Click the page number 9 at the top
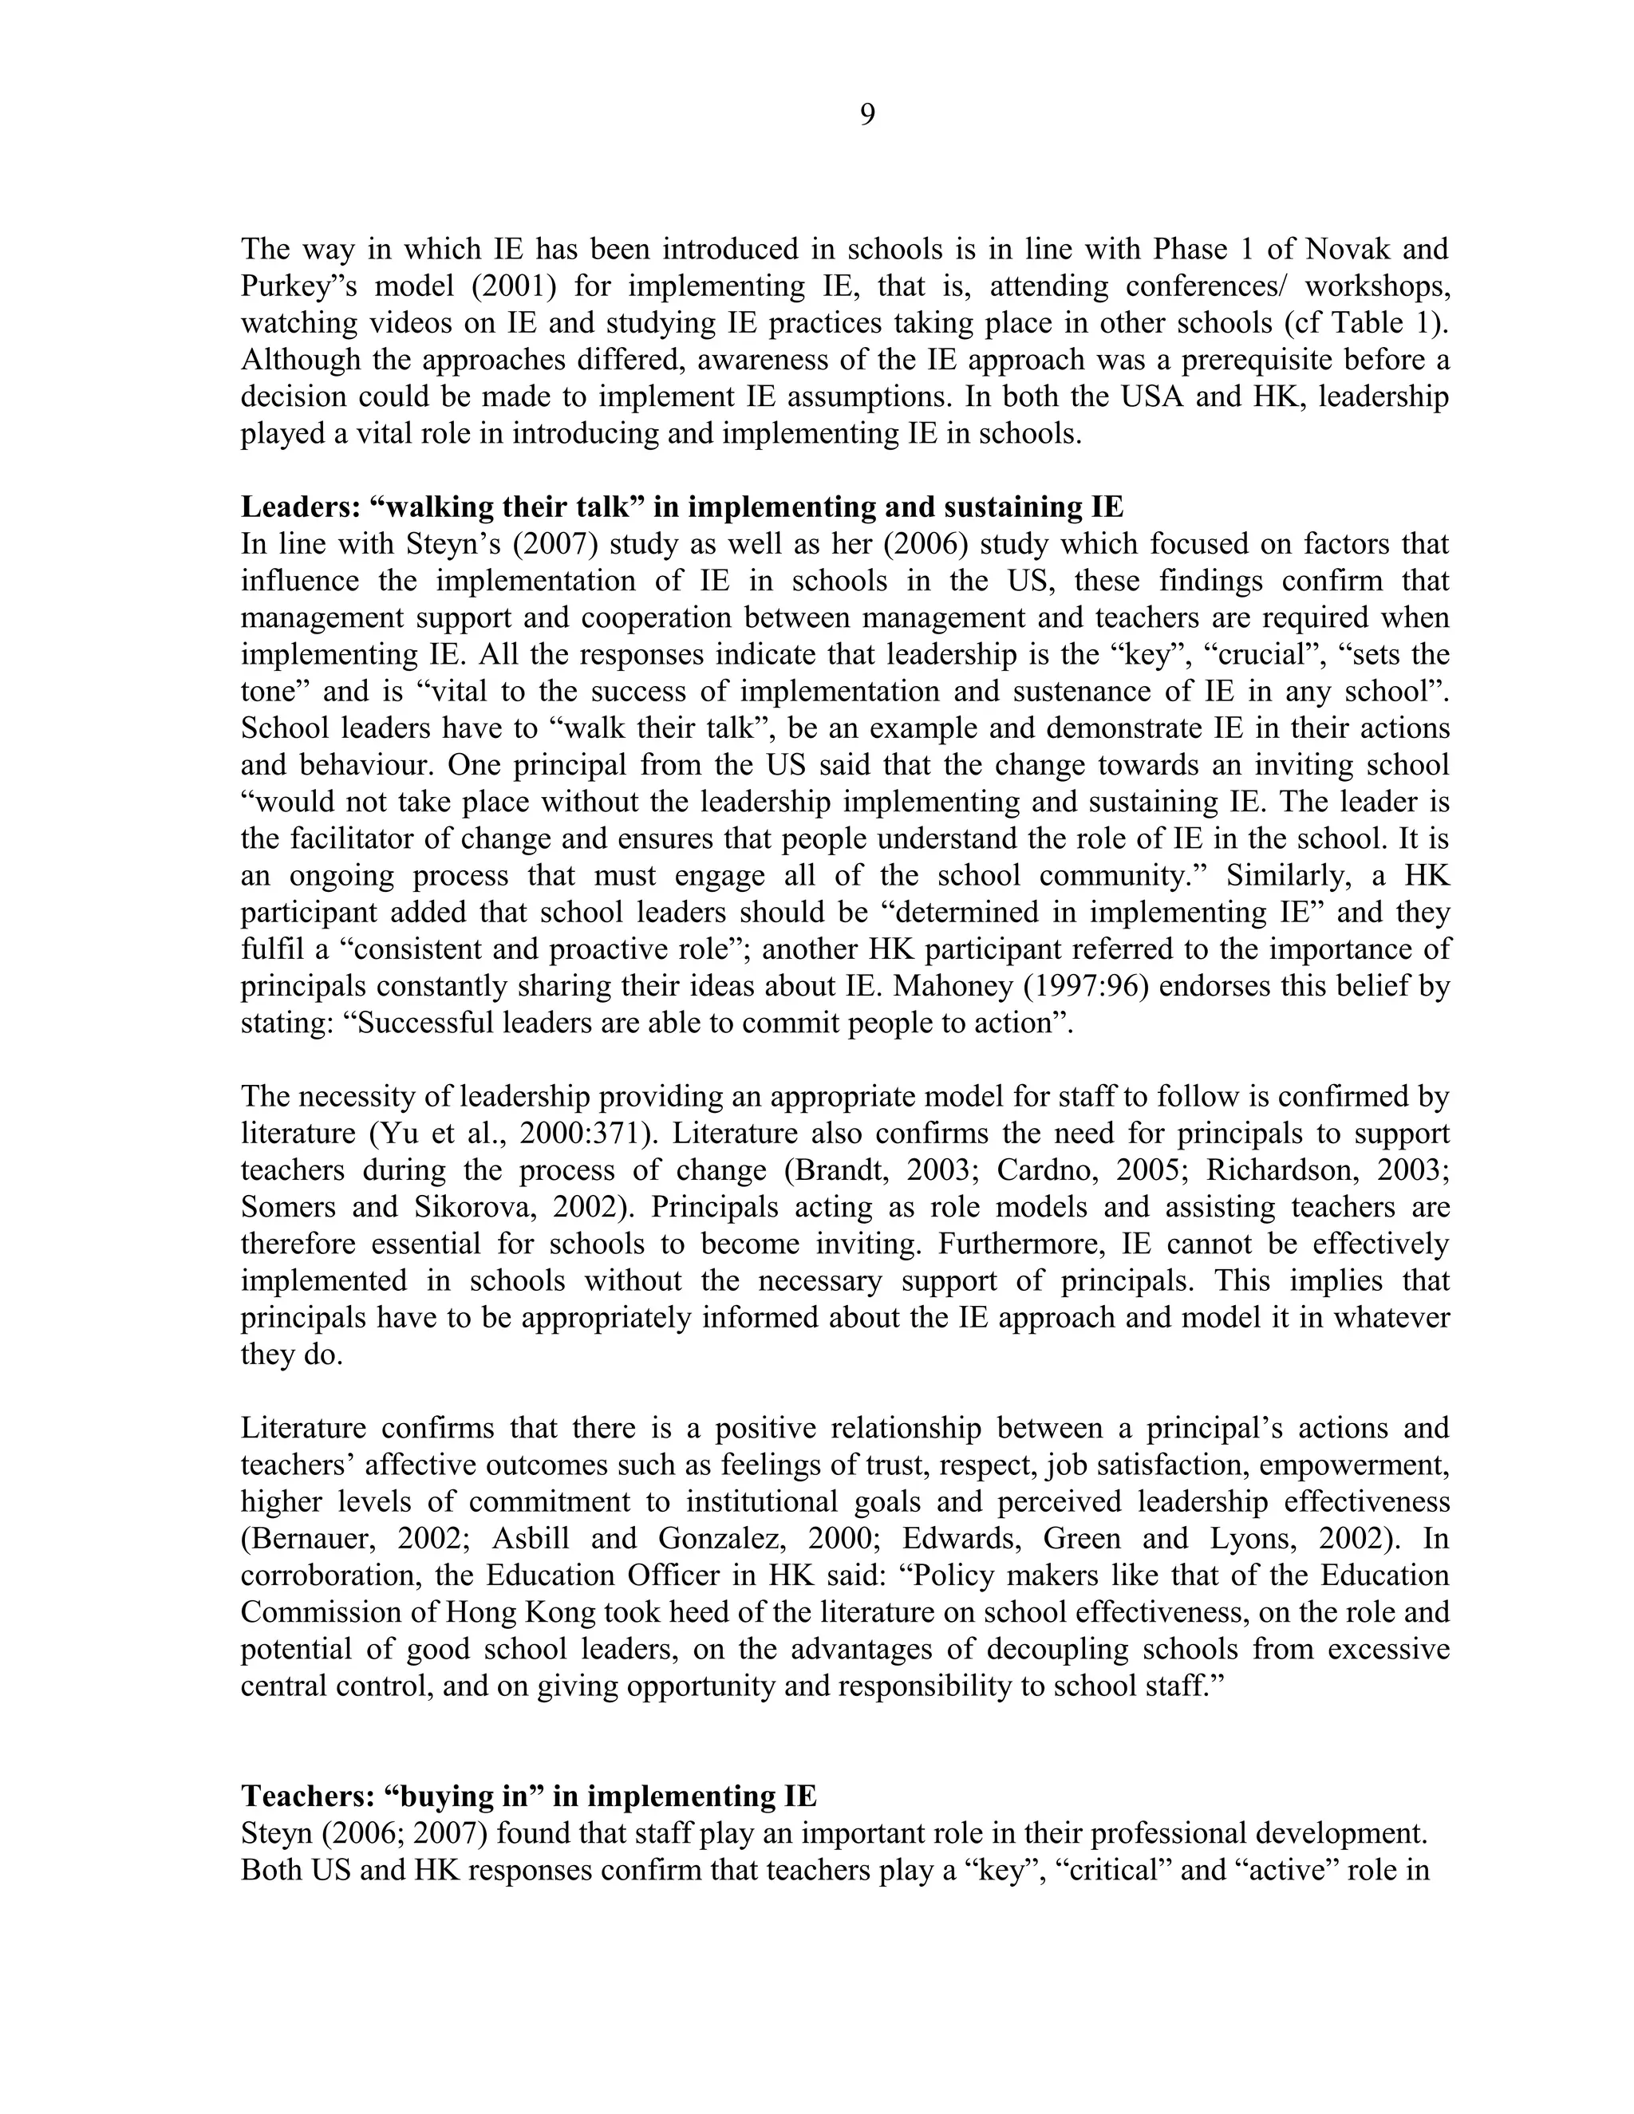[x=867, y=115]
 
